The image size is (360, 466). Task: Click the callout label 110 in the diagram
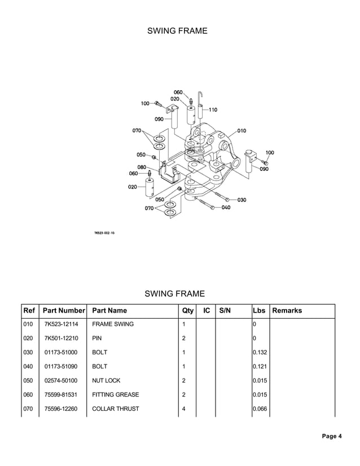213,109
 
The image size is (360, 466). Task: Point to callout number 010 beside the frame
242,131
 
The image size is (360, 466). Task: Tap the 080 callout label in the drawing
142,167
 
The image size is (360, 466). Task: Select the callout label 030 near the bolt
242,200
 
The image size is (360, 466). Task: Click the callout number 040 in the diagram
226,208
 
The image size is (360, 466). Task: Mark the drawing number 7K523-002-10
104,232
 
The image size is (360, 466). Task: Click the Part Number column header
64,310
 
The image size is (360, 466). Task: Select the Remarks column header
287,310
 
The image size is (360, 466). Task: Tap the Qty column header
188,310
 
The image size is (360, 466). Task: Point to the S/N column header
225,310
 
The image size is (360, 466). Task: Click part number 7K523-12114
62,324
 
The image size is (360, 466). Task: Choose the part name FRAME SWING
113,324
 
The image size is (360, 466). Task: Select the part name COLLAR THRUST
115,409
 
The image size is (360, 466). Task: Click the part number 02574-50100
62,381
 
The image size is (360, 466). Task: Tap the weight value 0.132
260,353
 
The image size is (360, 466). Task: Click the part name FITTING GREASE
115,395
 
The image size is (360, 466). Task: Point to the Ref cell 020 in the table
28,338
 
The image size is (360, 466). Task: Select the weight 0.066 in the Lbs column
260,409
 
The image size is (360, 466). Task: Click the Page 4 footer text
332,436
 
